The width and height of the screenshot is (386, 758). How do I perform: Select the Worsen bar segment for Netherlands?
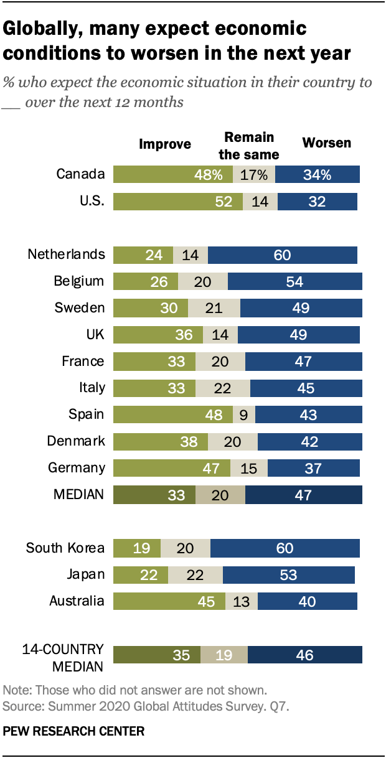pyautogui.click(x=283, y=255)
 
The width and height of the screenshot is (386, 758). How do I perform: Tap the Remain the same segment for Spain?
pyautogui.click(x=244, y=414)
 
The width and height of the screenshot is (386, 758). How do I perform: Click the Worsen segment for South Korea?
pyautogui.click(x=285, y=548)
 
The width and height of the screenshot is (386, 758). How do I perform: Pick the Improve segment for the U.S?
pyautogui.click(x=177, y=202)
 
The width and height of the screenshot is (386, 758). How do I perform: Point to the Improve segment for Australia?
pyautogui.click(x=169, y=601)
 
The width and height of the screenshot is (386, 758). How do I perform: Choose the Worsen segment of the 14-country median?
pyautogui.click(x=305, y=655)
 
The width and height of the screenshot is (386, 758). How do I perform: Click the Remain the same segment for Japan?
pyautogui.click(x=195, y=575)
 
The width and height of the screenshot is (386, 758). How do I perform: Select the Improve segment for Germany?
pyautogui.click(x=171, y=468)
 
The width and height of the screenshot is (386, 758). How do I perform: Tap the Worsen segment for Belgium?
pyautogui.click(x=295, y=281)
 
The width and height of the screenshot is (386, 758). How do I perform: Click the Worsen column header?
pyautogui.click(x=326, y=143)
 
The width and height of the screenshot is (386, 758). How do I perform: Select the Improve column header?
pyautogui.click(x=164, y=144)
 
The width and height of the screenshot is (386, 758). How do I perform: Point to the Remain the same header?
pyautogui.click(x=249, y=146)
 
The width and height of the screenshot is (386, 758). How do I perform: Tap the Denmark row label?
pyautogui.click(x=75, y=441)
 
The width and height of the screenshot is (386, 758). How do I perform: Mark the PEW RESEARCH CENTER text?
pyautogui.click(x=73, y=731)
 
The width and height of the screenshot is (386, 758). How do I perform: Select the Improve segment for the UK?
pyautogui.click(x=158, y=335)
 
